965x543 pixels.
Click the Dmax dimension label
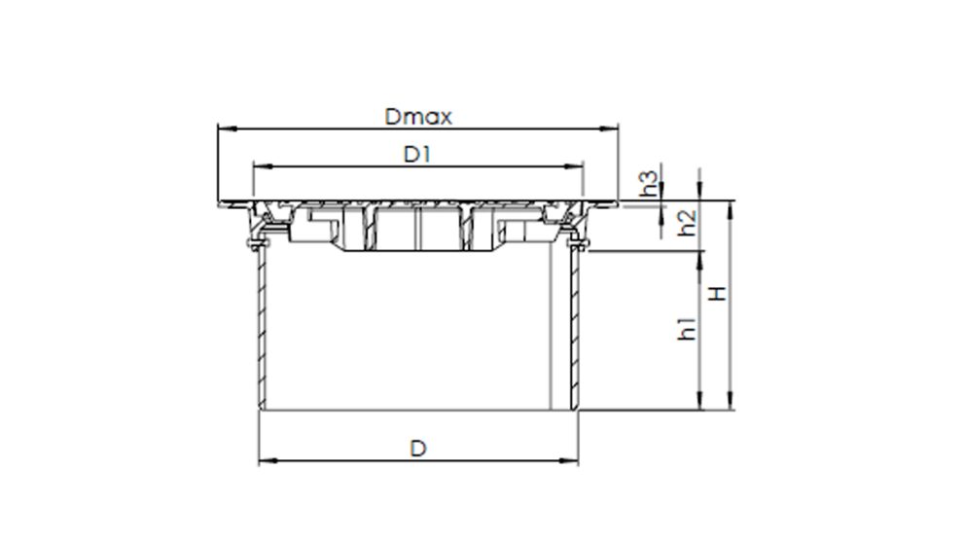[x=417, y=118]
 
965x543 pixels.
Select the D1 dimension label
[x=417, y=155]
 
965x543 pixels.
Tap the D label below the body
[x=417, y=448]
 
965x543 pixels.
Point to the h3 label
[x=650, y=183]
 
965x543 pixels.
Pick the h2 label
[x=687, y=223]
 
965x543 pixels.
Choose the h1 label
[x=687, y=328]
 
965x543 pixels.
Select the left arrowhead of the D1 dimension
[x=258, y=165]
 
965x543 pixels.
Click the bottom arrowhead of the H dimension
[x=731, y=404]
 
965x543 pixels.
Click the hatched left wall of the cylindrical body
[x=261, y=331]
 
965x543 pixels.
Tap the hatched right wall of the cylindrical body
[x=574, y=331]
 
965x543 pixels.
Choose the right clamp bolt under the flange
[x=580, y=243]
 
